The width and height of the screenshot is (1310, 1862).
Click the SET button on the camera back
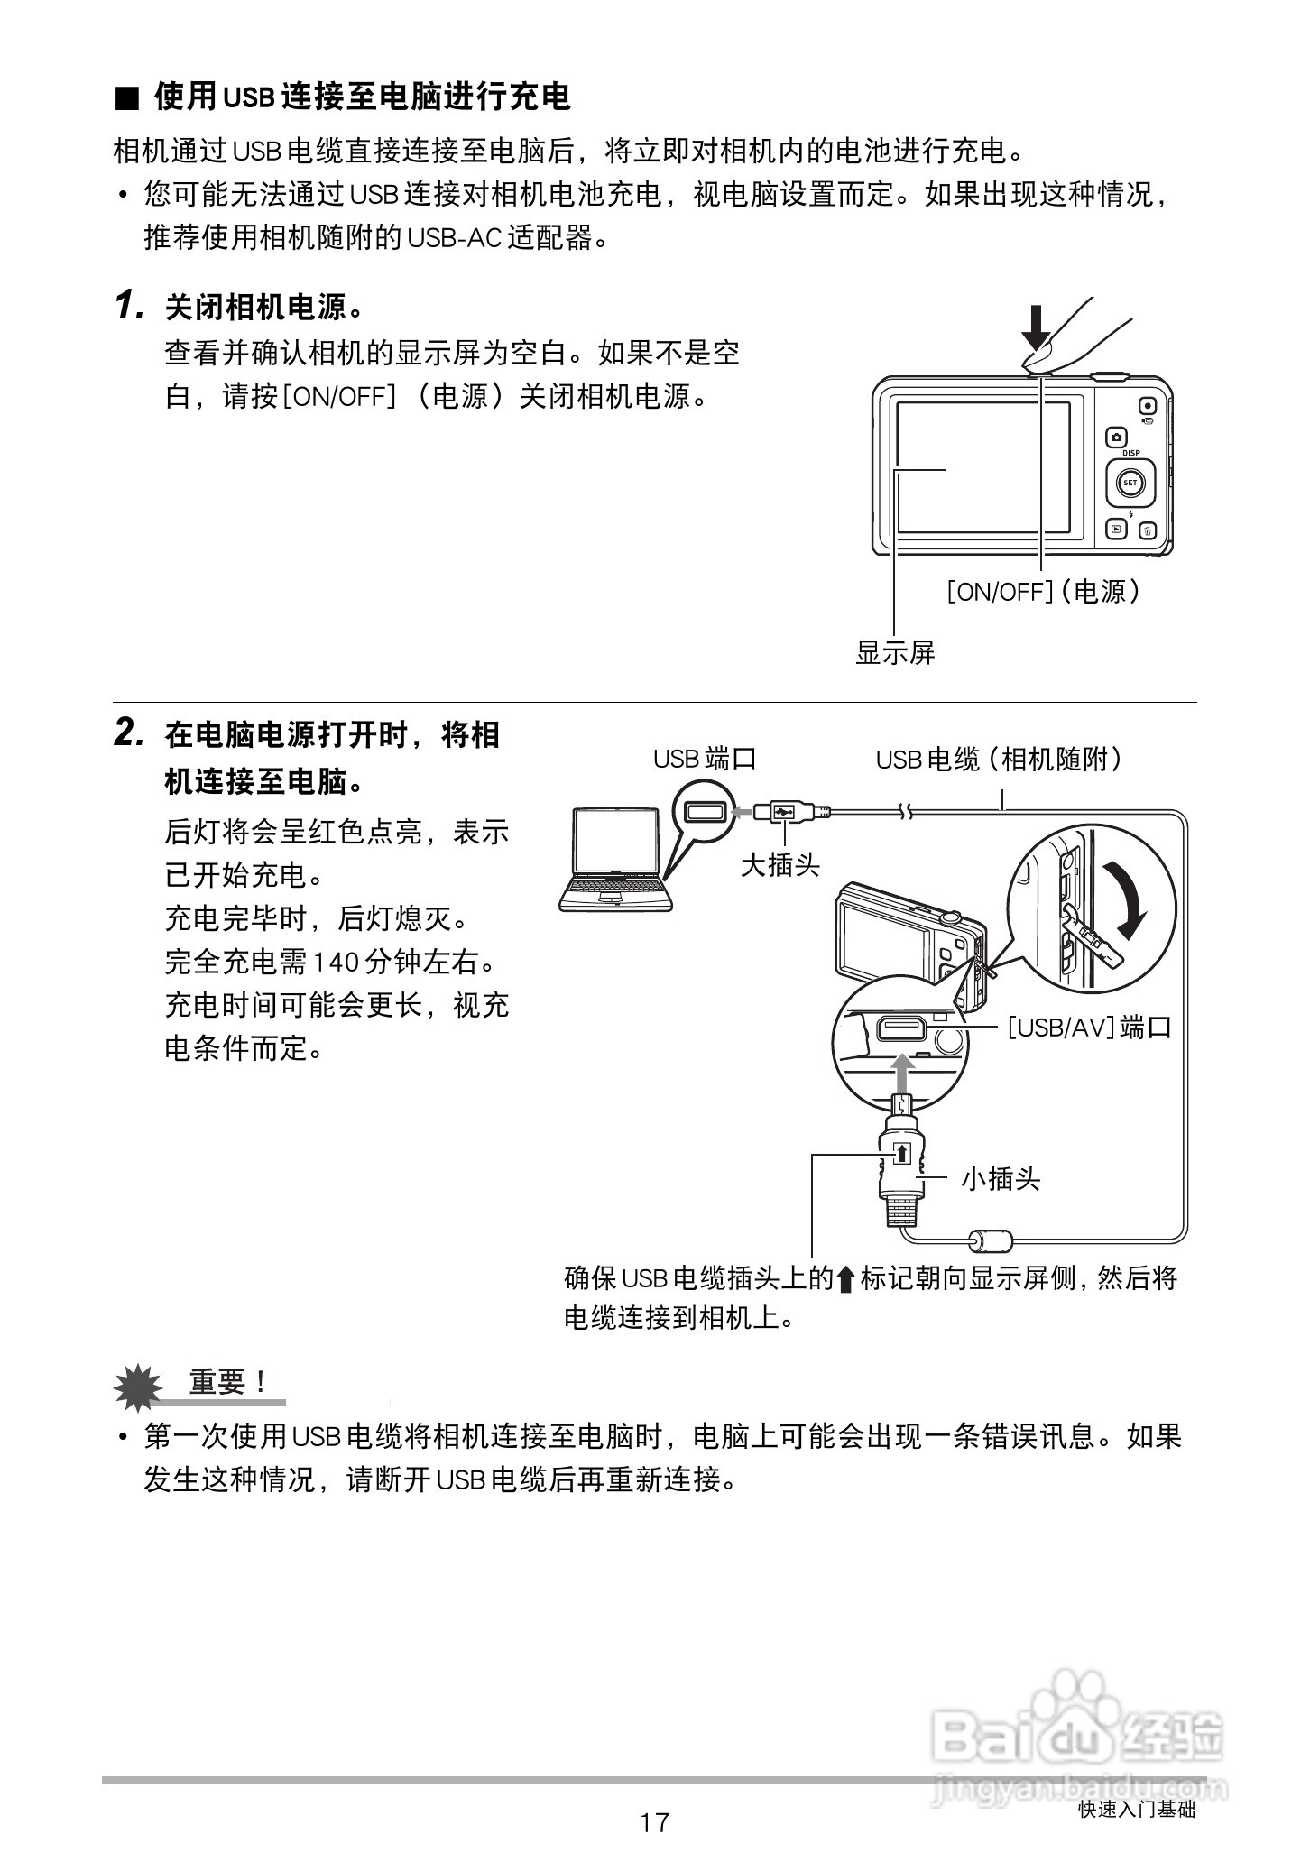(x=1130, y=483)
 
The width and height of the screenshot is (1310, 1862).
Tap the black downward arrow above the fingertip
(x=1037, y=327)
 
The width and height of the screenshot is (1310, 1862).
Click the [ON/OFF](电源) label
(x=1044, y=592)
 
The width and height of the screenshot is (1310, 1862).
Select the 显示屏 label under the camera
(x=895, y=652)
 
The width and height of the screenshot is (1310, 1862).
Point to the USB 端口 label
(x=704, y=759)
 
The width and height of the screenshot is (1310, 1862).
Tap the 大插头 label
(x=780, y=865)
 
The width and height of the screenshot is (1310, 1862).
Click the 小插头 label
(x=1000, y=1178)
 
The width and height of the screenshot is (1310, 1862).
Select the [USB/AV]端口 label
(x=1089, y=1027)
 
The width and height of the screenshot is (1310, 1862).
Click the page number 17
(x=655, y=1822)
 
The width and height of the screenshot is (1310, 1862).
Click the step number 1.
(x=129, y=306)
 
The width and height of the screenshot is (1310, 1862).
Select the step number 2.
(x=129, y=733)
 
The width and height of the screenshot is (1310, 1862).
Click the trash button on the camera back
(x=1147, y=531)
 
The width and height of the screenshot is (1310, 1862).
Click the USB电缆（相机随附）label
(x=1000, y=759)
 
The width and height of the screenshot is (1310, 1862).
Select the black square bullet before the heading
(x=128, y=98)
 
